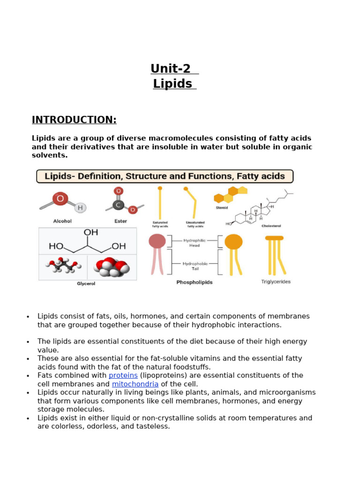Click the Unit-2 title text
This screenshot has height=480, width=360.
(171, 69)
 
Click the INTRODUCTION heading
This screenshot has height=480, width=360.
(74, 120)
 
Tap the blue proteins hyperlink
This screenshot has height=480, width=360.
(123, 375)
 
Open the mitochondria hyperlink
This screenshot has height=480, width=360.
(135, 384)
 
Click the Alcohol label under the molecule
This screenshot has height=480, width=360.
(62, 221)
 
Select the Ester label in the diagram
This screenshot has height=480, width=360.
(120, 221)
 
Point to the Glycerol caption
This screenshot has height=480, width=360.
(86, 284)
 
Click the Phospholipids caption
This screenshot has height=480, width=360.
(194, 282)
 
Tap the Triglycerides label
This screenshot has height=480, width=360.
(276, 282)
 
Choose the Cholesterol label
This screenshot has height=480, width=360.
(271, 225)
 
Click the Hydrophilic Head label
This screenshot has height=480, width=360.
(195, 243)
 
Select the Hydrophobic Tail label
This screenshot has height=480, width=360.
(195, 266)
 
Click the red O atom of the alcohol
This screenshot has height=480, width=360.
(60, 199)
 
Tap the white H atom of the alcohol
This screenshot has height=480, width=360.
(80, 208)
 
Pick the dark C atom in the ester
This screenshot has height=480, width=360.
(119, 205)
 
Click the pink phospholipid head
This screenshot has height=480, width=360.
(157, 241)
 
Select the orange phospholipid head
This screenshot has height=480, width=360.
(233, 242)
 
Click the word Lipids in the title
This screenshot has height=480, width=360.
(172, 84)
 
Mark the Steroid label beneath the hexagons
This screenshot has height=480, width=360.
(222, 208)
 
